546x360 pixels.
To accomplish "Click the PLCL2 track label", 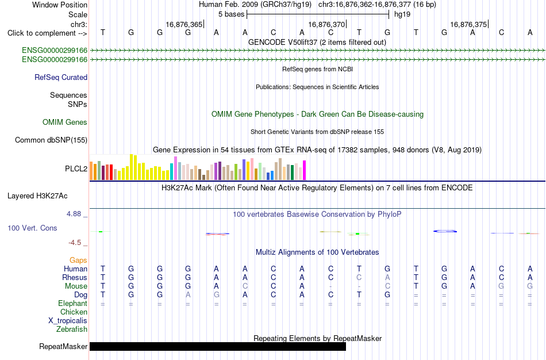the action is click(76, 168).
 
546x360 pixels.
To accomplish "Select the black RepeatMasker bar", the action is click(218, 346).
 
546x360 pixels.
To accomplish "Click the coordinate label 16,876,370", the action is click(326, 24).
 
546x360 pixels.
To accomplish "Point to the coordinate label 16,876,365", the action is click(184, 24).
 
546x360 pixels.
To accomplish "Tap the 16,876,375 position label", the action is click(468, 24).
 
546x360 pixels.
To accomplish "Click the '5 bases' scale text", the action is click(231, 14).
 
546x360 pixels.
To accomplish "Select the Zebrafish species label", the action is click(72, 329).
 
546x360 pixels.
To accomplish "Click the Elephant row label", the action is click(72, 303).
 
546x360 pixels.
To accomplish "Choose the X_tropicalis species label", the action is click(68, 321).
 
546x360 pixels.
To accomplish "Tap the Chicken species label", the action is click(74, 312).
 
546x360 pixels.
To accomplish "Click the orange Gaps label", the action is click(78, 261).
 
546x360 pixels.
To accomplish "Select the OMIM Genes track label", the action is click(65, 122).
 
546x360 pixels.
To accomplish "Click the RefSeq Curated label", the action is click(61, 78).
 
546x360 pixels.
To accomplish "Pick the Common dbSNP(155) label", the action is click(51, 140).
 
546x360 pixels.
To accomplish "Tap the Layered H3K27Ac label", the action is click(37, 196).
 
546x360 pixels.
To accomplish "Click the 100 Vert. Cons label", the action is click(32, 228).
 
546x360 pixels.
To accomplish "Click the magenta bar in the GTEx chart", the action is click(305, 170).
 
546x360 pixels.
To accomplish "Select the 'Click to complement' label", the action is click(47, 33).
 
